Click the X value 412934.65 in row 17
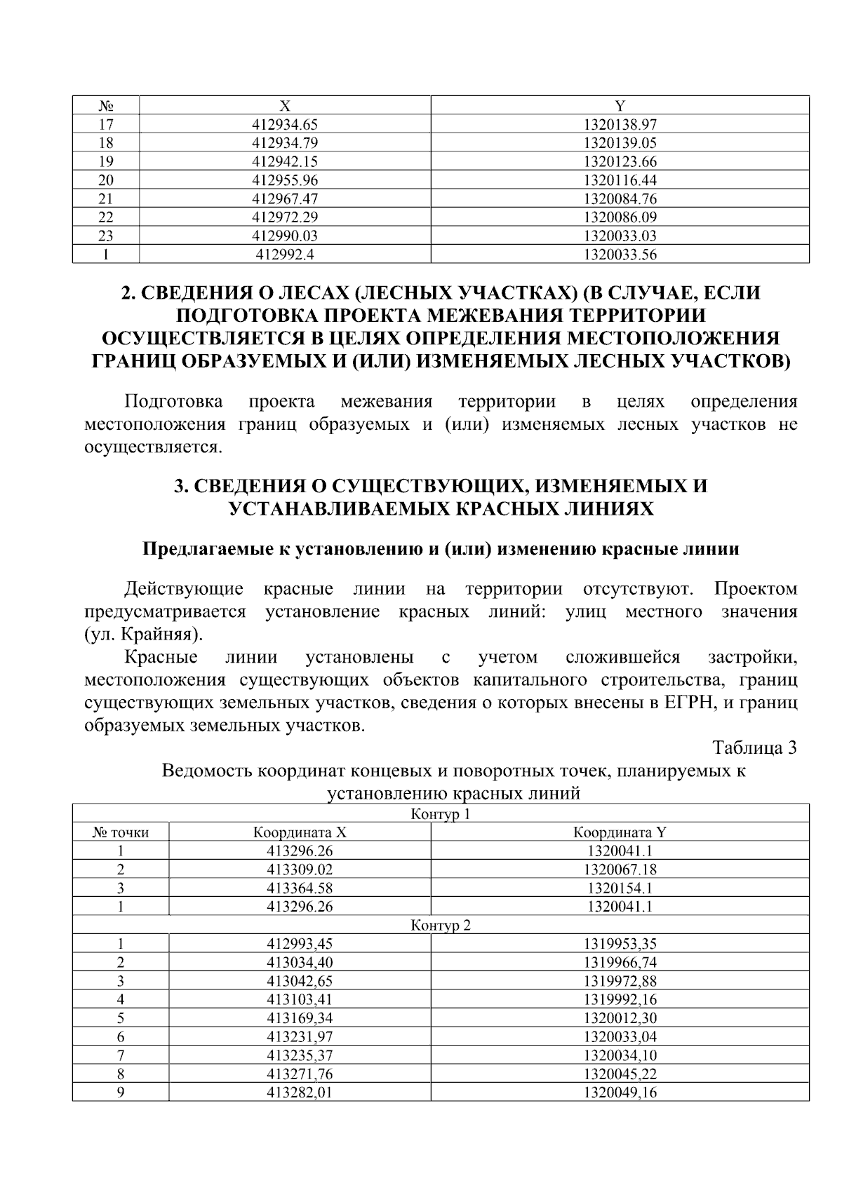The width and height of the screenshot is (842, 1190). [x=285, y=125]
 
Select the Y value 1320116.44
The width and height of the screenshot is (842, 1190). [x=620, y=180]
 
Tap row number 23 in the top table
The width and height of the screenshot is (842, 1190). [x=106, y=236]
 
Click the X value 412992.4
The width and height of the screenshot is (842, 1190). [x=285, y=255]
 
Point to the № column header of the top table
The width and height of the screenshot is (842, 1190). [x=106, y=106]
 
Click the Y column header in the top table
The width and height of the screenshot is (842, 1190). [x=620, y=106]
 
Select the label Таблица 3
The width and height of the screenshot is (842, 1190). [x=755, y=748]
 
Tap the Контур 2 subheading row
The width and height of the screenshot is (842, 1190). [x=440, y=925]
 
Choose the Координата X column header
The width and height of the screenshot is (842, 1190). [x=300, y=832]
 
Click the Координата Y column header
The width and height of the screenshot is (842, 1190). [x=620, y=832]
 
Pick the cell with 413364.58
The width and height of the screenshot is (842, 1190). [x=300, y=888]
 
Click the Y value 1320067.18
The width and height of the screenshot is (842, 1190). [x=620, y=870]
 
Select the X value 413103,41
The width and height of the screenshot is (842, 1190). [x=300, y=999]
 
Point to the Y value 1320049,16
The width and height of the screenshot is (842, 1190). [x=620, y=1093]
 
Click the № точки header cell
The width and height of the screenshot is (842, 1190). [x=121, y=832]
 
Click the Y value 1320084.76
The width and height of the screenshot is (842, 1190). [x=620, y=198]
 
